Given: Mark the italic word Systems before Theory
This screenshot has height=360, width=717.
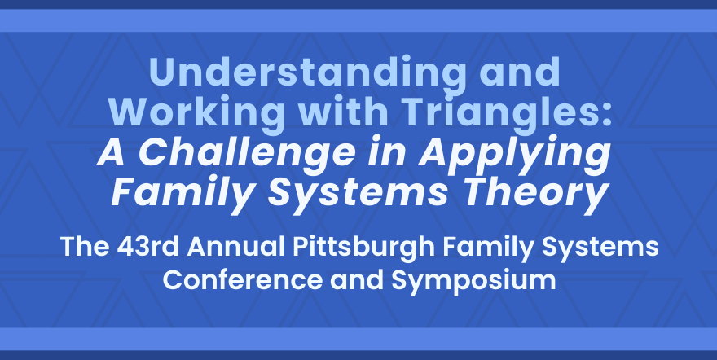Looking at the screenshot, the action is coord(356,194).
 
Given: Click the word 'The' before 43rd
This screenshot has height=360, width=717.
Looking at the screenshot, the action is coord(85,247).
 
